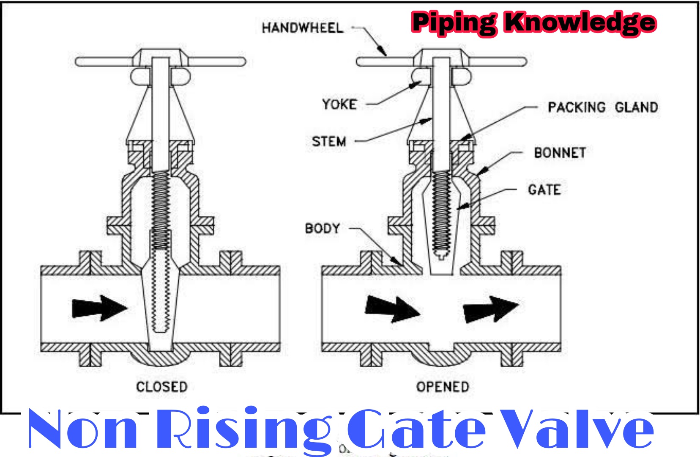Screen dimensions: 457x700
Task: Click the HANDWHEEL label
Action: tap(302, 28)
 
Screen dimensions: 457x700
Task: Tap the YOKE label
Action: tap(339, 104)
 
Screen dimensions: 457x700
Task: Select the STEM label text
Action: tap(329, 141)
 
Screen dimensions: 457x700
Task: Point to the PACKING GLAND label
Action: tap(602, 107)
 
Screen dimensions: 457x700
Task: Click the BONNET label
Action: tap(560, 152)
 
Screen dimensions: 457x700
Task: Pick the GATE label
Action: tap(544, 190)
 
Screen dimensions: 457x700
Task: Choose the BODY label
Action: tap(323, 228)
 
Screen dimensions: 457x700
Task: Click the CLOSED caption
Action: tap(161, 386)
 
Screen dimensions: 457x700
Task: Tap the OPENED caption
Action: tap(443, 386)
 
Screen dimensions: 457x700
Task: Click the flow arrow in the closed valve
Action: tap(99, 308)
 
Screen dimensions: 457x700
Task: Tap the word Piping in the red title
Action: tap(454, 23)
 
